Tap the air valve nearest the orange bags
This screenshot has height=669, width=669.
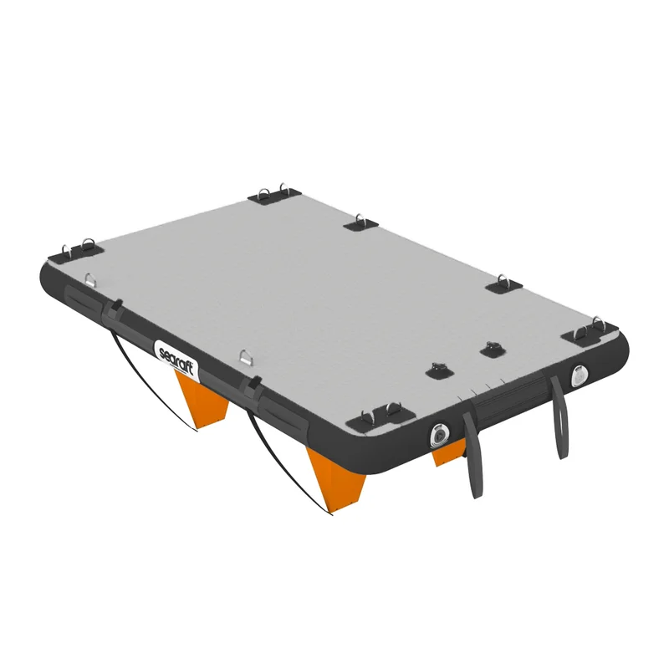point(439,435)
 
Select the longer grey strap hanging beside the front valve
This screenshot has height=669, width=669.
point(473,455)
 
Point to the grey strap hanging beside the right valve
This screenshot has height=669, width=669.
point(559,416)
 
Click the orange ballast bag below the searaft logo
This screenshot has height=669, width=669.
point(202,399)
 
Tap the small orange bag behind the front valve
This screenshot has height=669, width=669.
point(448,453)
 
